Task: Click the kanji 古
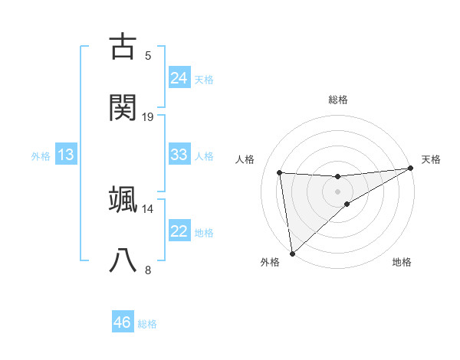[x=124, y=46]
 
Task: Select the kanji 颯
[x=124, y=199]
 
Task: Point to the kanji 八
[x=124, y=260]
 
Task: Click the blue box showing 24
[x=179, y=77]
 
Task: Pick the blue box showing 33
[x=179, y=155]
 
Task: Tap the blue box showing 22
[x=179, y=231]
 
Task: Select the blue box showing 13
[x=66, y=155]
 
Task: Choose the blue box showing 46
[x=123, y=322]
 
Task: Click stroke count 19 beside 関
[x=148, y=117]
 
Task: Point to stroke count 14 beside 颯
[x=148, y=209]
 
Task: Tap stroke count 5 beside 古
[x=148, y=56]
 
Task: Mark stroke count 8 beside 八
[x=148, y=270]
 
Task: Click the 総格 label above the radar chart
[x=337, y=100]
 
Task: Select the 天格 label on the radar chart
[x=431, y=159]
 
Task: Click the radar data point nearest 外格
[x=291, y=253]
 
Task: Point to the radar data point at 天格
[x=410, y=169]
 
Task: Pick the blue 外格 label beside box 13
[x=41, y=155]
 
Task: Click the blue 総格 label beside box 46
[x=147, y=323]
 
